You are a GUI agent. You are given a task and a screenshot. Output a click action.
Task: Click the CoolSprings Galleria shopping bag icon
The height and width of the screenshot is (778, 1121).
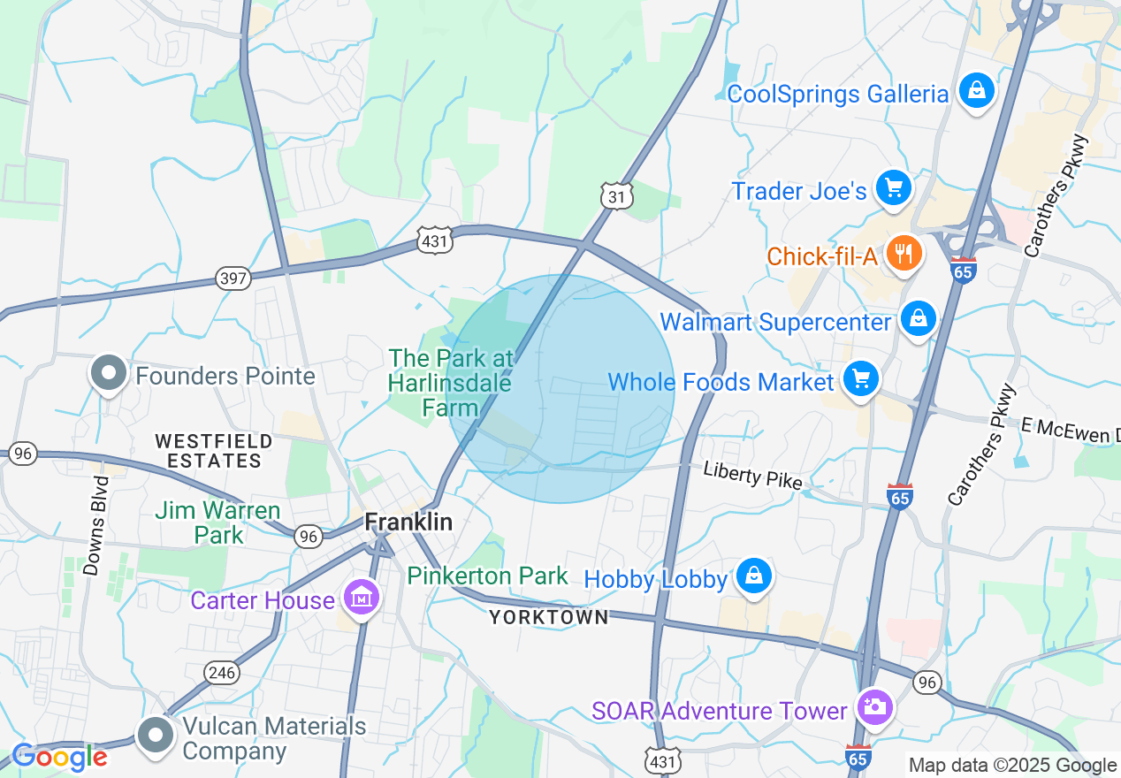975,91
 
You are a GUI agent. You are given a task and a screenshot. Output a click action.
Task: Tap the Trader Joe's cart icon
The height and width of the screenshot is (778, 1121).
893,187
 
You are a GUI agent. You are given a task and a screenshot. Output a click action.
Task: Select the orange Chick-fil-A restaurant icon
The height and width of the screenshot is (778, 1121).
903,256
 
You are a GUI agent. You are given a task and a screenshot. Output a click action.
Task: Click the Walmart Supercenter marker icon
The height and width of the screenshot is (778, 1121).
919,318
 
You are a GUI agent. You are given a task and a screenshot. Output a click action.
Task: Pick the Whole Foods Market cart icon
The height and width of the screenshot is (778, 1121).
860,379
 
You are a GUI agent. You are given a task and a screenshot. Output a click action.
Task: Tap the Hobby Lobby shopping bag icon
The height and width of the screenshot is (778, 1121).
753,576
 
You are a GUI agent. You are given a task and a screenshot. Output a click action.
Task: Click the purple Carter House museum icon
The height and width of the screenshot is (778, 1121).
362,599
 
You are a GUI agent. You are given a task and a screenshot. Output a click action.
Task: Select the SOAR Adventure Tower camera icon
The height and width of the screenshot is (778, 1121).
874,707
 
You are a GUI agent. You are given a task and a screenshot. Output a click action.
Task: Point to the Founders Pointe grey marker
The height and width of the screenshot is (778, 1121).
109,374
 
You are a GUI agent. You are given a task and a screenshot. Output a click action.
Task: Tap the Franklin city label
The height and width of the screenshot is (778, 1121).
409,522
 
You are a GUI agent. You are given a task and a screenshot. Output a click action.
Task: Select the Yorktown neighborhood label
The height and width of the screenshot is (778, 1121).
549,617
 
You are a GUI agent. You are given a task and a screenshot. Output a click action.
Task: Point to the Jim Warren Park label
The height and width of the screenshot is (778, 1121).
217,522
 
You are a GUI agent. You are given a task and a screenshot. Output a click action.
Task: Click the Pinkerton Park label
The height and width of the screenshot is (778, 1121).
487,576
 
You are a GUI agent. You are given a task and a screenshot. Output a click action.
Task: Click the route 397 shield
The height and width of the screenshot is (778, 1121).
233,279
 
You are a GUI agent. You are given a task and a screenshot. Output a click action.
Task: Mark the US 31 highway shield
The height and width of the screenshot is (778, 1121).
616,197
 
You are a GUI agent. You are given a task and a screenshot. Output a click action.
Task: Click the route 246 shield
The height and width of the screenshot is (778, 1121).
223,673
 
